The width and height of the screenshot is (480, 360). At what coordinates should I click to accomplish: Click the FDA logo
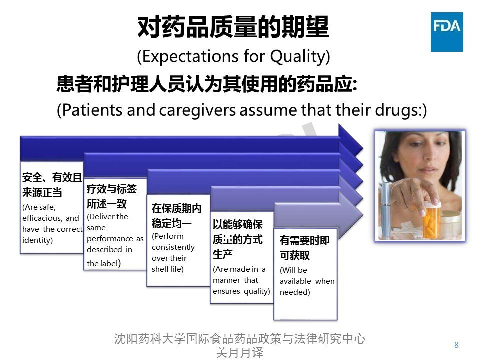447,32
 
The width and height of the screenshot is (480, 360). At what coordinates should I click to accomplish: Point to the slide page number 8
456,344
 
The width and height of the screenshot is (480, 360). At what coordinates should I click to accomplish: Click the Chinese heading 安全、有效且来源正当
52,185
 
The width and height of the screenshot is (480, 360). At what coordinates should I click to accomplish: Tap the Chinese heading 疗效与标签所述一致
111,196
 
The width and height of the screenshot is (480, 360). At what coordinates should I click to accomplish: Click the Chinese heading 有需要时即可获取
304,248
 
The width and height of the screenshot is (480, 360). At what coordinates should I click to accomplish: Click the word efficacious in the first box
43,218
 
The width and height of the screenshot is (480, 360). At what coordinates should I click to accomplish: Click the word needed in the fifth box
294,292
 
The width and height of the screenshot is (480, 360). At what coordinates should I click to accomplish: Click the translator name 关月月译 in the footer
239,352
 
